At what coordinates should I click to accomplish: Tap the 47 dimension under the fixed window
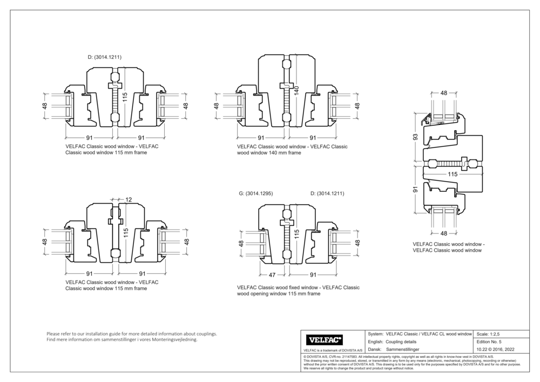272,274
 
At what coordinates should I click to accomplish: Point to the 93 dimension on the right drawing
415,137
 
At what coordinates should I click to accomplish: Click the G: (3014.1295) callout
256,193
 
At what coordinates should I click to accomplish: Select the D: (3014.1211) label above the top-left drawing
104,56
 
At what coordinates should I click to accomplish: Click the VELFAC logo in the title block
325,340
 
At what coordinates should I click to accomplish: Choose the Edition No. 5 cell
489,342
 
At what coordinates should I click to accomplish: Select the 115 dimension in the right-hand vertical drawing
452,175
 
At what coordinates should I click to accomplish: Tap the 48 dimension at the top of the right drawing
443,93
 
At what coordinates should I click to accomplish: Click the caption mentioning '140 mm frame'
292,150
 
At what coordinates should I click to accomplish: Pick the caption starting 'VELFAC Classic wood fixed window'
298,291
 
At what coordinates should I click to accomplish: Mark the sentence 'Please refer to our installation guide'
132,334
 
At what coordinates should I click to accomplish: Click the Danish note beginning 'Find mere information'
122,340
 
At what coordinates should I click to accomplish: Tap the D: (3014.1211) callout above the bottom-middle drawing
327,193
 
